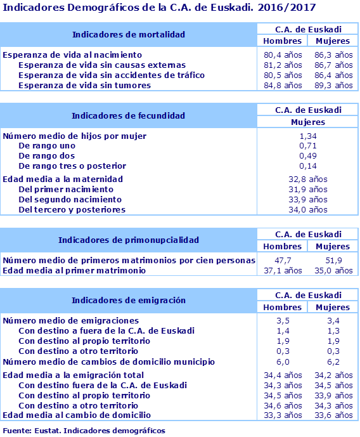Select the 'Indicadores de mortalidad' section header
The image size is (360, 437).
[x=128, y=34]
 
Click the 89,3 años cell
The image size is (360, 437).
[x=333, y=85]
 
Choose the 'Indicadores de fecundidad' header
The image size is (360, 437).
[x=128, y=115]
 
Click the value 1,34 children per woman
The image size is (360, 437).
[x=307, y=136]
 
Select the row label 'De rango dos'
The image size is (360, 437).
[x=47, y=156]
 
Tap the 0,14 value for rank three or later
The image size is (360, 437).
[x=307, y=166]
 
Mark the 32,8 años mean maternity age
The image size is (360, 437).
[x=307, y=179]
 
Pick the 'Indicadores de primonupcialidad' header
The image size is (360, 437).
[x=128, y=240]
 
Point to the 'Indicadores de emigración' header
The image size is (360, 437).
[x=128, y=300]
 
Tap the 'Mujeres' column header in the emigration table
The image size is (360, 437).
[x=333, y=307]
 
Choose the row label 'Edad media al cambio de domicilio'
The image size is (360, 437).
[x=77, y=415]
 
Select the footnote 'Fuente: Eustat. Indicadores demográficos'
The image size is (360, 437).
[x=84, y=431]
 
